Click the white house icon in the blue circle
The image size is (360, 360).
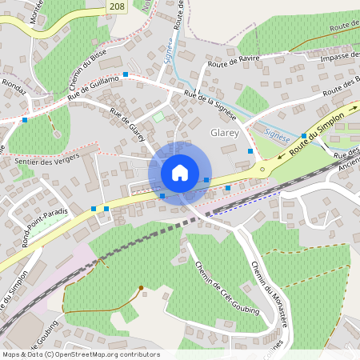click(x=180, y=173)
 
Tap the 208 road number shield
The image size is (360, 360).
click(x=118, y=6)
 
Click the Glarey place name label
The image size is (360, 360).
click(x=224, y=133)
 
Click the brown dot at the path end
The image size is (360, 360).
click(x=141, y=287)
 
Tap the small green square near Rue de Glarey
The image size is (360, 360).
click(x=158, y=117)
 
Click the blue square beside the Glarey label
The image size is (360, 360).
click(x=250, y=150)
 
